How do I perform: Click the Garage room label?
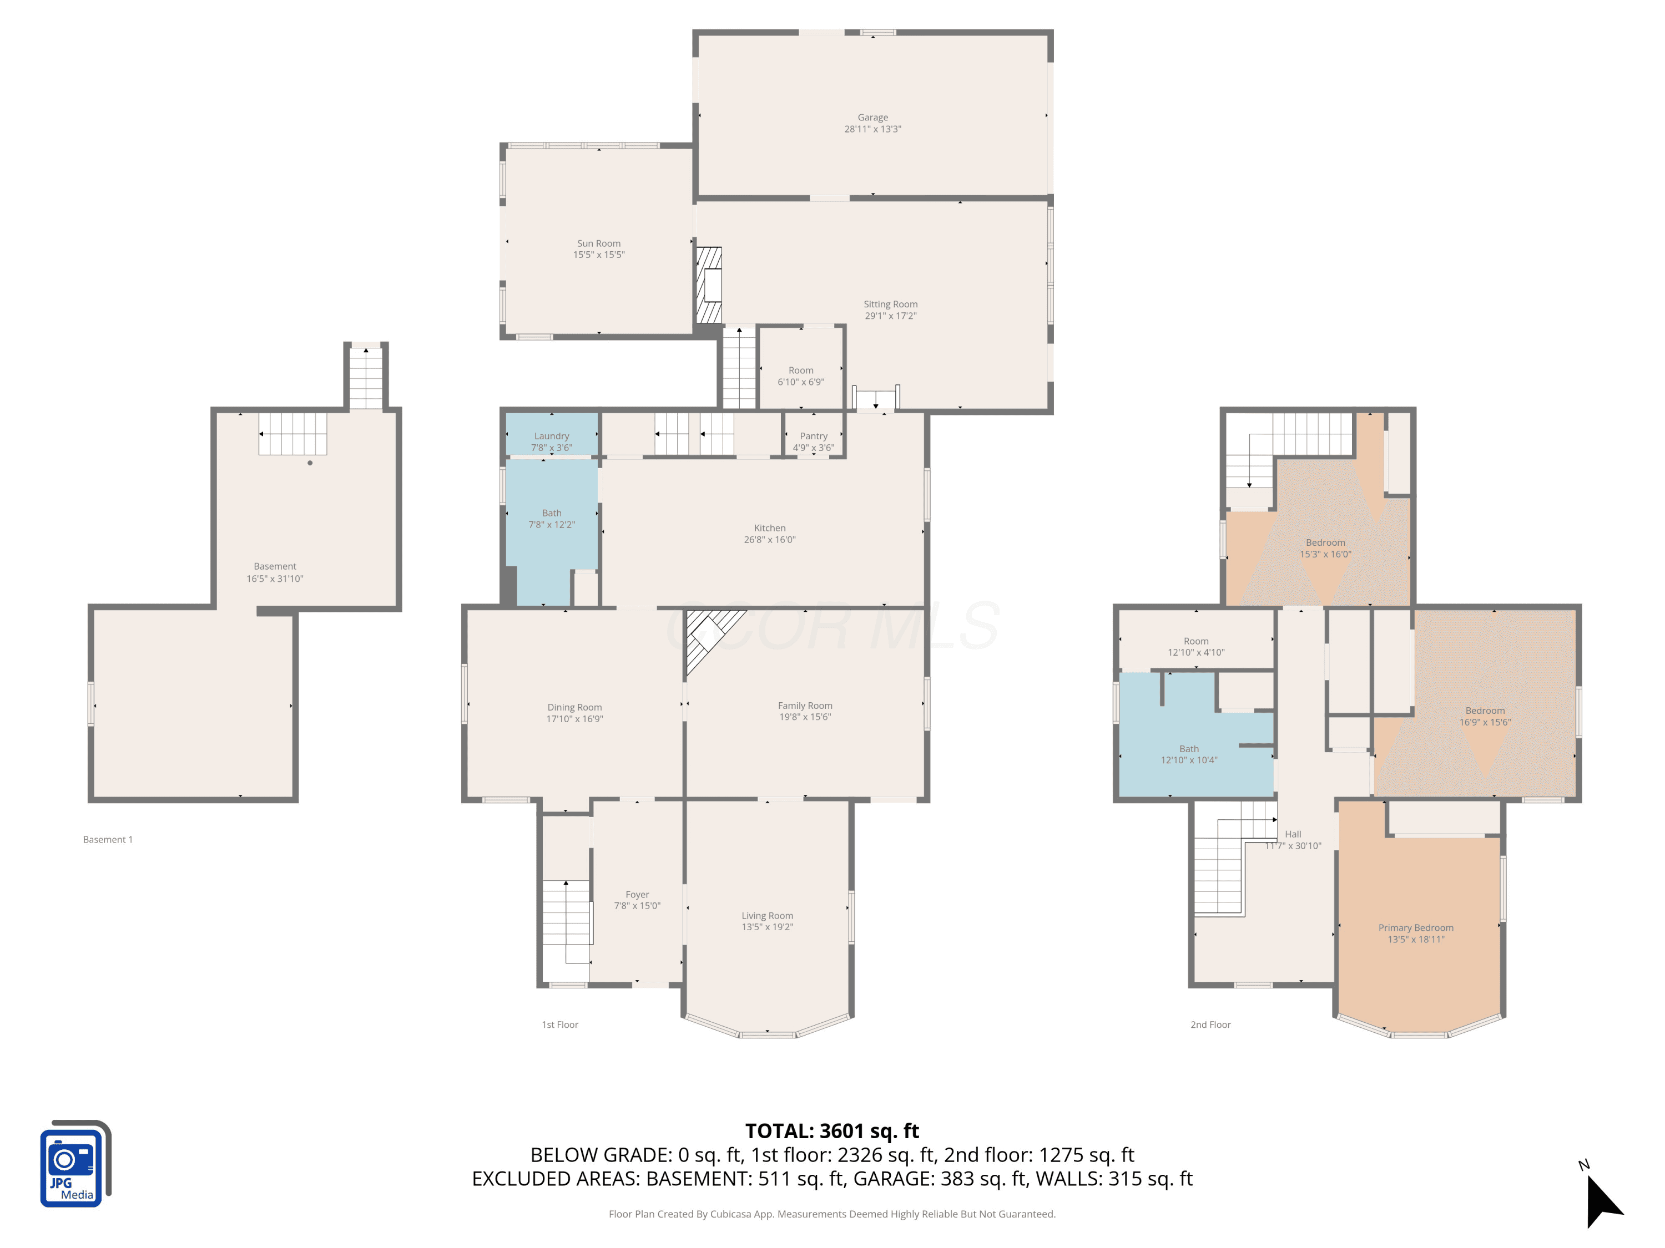pos(872,118)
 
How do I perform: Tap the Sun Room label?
pos(598,243)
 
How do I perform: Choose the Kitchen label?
pos(769,528)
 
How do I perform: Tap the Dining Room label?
pos(574,707)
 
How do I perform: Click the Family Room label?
pos(805,706)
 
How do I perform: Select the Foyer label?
pos(637,895)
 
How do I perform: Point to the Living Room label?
pos(767,916)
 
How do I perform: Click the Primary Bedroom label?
pos(1416,927)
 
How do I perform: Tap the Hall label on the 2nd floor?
pos(1293,834)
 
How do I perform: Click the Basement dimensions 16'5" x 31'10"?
pos(275,579)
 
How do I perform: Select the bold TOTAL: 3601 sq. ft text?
pos(832,1130)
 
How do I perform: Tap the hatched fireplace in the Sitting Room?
pos(708,285)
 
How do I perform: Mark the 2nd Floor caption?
pos(1210,1024)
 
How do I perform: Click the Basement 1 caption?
pos(108,840)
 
